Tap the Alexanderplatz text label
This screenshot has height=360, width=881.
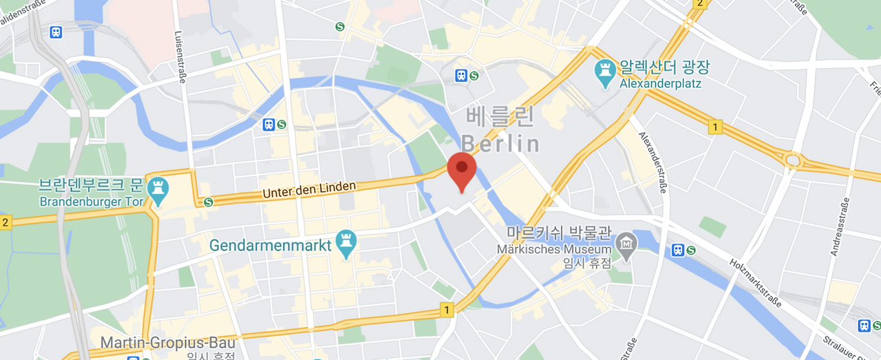[x=660, y=84]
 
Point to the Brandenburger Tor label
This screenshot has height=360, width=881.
[x=92, y=202]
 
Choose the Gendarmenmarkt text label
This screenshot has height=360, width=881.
[x=270, y=245]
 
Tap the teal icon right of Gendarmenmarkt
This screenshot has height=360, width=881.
[x=346, y=244]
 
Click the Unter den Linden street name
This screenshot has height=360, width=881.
[x=309, y=190]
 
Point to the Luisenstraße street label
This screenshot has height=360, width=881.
[x=181, y=57]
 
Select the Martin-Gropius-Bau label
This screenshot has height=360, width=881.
[x=168, y=342]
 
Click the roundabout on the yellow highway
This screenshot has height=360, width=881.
[x=792, y=161]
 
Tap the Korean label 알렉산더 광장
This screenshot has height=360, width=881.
[x=664, y=67]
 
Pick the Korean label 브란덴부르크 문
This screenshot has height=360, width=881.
[x=90, y=186]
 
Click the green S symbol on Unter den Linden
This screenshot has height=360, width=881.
[x=208, y=202]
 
